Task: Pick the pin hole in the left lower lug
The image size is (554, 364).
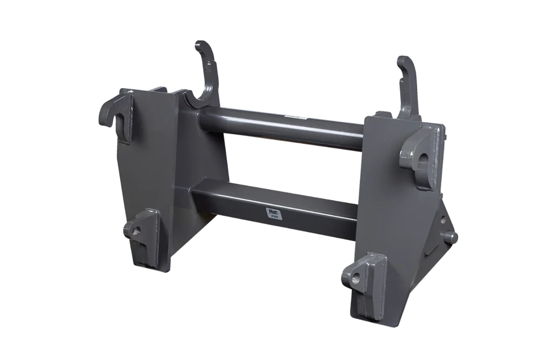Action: coord(137,231)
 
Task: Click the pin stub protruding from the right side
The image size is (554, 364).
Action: coord(450,236)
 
